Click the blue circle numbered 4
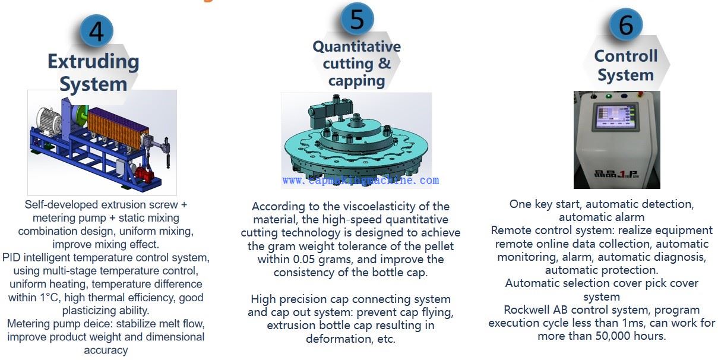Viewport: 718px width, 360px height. click(x=96, y=31)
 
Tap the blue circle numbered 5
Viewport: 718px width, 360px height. click(x=357, y=18)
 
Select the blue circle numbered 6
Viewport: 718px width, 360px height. click(x=626, y=25)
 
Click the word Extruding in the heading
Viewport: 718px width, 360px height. click(x=93, y=62)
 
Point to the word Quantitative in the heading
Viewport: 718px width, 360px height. click(x=357, y=46)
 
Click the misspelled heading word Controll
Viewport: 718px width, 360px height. click(x=626, y=56)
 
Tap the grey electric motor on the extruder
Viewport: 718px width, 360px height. click(x=49, y=121)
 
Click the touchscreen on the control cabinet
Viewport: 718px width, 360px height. click(x=615, y=116)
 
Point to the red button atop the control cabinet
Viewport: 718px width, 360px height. click(x=640, y=94)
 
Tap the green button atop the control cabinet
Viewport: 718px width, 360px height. click(x=608, y=96)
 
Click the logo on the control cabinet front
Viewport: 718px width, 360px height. click(x=616, y=173)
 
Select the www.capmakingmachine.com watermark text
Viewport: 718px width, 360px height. click(x=360, y=180)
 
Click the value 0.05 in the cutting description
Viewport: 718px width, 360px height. click(x=304, y=259)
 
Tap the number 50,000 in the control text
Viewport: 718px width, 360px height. click(x=613, y=336)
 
